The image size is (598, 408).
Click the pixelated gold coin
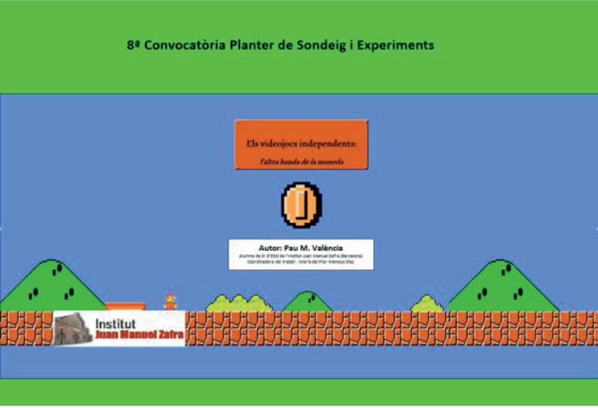click(x=301, y=205)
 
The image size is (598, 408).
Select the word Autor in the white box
click(x=271, y=248)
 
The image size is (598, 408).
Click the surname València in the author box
click(x=324, y=248)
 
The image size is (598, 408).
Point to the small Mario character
click(x=170, y=301)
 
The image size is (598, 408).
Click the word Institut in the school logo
click(x=116, y=324)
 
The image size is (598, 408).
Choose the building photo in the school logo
click(x=73, y=329)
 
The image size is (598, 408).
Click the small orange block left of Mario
click(x=125, y=306)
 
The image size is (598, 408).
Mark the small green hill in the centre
click(x=308, y=302)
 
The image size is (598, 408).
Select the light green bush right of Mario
click(x=239, y=304)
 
